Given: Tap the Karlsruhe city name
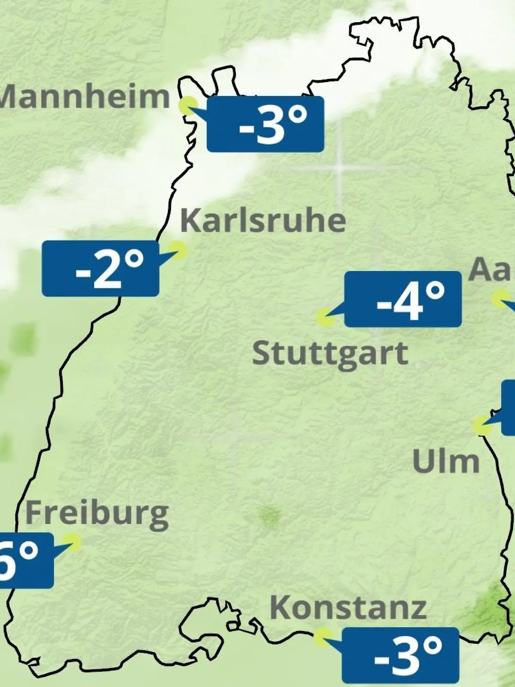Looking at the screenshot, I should [263, 221].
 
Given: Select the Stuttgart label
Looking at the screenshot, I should [330, 354].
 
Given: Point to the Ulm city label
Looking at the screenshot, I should [445, 462].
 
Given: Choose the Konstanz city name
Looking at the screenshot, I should [348, 608].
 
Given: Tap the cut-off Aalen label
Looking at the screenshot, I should [491, 270].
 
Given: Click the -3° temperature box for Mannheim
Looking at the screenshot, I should [265, 124].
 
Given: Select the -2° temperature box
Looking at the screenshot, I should [100, 268].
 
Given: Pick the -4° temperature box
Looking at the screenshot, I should [403, 299].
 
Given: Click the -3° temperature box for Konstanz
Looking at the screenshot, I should [400, 655].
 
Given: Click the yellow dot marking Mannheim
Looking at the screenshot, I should [188, 105].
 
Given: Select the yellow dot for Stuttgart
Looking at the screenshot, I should [325, 318].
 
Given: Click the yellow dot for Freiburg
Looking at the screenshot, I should [72, 542].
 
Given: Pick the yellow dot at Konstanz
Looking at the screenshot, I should [322, 637].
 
